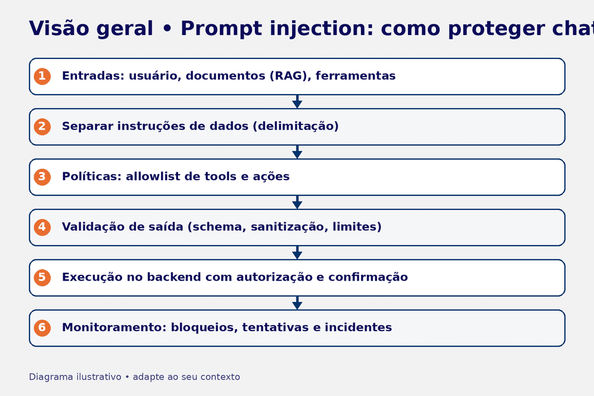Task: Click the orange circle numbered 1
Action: click(x=42, y=76)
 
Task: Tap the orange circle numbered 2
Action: click(x=42, y=127)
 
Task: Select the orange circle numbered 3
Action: click(x=42, y=177)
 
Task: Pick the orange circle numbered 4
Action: click(x=42, y=227)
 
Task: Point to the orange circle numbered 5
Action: click(x=42, y=277)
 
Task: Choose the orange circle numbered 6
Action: click(x=42, y=328)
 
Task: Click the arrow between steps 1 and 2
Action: click(x=297, y=102)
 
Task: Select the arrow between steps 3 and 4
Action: click(x=297, y=202)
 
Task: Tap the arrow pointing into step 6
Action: click(x=297, y=303)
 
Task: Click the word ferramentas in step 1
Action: click(x=355, y=76)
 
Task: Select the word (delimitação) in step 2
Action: click(x=296, y=127)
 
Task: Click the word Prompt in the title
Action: click(x=221, y=29)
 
